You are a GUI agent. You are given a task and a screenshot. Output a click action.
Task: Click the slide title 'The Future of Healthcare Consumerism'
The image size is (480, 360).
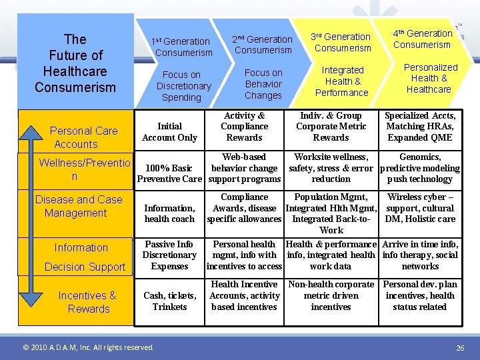(x=75, y=63)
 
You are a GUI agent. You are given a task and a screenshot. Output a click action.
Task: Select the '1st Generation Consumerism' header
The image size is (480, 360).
(x=183, y=47)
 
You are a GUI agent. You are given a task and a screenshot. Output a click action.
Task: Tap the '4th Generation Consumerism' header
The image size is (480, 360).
(x=422, y=39)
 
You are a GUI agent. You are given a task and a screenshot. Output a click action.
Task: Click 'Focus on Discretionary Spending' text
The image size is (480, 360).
(x=183, y=86)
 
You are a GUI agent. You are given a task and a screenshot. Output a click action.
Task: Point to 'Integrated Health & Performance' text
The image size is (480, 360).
(x=342, y=81)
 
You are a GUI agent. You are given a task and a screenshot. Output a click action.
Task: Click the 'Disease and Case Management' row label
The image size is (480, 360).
(x=78, y=206)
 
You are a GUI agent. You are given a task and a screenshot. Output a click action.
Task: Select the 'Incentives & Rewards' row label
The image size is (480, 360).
(x=87, y=302)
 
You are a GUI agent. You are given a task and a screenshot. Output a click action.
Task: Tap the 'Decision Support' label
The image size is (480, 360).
(x=85, y=267)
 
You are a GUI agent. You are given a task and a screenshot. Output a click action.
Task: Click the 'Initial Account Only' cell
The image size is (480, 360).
(x=169, y=131)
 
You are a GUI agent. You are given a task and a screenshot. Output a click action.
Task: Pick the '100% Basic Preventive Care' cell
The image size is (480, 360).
(x=169, y=173)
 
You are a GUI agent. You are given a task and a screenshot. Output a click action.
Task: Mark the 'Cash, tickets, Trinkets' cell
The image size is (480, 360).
(x=169, y=301)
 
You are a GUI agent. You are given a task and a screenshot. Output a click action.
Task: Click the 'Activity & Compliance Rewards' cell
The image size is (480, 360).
(x=244, y=126)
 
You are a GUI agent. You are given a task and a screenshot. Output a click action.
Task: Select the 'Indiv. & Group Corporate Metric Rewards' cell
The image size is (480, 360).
(x=331, y=126)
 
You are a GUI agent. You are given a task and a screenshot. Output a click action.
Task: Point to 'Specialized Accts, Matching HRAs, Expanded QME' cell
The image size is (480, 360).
(x=420, y=126)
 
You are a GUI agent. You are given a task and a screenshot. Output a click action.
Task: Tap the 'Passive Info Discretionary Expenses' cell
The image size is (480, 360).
(x=169, y=255)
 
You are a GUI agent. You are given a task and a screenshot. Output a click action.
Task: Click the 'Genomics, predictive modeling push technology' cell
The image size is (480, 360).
(x=420, y=168)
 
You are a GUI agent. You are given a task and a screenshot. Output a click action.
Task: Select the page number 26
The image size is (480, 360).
(x=460, y=348)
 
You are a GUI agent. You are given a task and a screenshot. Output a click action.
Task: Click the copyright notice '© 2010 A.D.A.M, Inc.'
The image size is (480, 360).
(x=87, y=347)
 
